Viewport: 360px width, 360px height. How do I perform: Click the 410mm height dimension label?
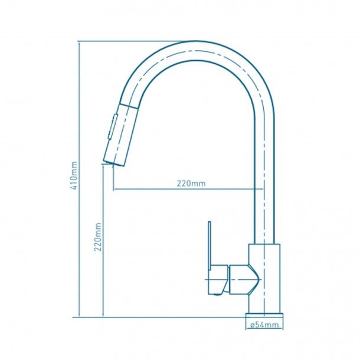[x=74, y=176]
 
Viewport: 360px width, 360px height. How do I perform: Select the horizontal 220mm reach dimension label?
[x=191, y=183]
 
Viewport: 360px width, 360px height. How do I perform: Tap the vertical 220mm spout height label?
[x=98, y=237]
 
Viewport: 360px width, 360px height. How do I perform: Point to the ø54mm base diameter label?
[x=264, y=325]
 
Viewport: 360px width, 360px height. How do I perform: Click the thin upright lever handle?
[x=210, y=246]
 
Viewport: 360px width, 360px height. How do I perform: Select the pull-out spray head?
[x=120, y=135]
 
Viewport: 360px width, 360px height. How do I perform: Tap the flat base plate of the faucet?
[x=264, y=316]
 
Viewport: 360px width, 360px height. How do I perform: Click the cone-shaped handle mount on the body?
[x=245, y=279]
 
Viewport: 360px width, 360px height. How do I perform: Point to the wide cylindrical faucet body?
[x=264, y=279]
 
